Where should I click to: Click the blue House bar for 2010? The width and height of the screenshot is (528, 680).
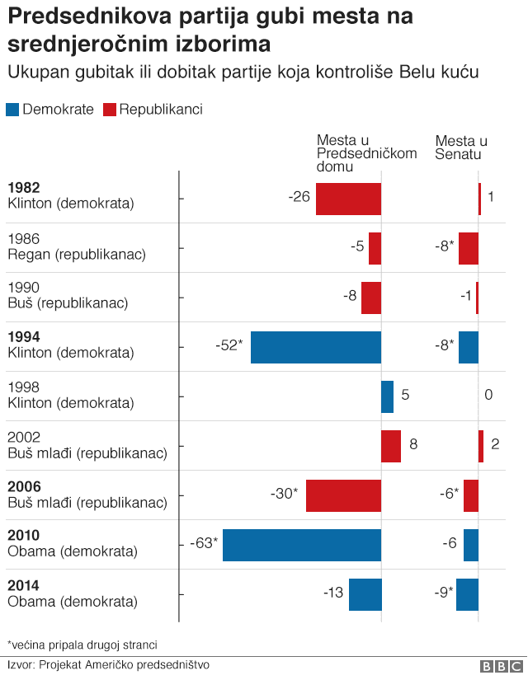point(302,545)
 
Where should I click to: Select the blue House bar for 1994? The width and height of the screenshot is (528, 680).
point(316,347)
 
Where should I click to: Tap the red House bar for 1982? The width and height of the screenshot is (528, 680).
point(348,199)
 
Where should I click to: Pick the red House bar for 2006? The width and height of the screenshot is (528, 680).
point(343,495)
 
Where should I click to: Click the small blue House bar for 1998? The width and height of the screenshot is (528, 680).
point(387,396)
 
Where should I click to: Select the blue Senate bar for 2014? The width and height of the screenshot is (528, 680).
point(467,594)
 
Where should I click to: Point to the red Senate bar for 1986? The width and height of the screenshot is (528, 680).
point(469,248)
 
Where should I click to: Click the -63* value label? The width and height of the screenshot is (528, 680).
point(203,543)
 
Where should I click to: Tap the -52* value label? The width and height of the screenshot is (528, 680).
point(229,345)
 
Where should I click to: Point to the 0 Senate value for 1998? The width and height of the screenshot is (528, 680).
point(488,395)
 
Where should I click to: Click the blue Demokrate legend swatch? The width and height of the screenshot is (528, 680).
point(12,110)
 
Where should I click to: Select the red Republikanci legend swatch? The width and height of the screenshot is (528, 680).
point(110,110)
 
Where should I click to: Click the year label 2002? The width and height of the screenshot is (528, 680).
point(23,437)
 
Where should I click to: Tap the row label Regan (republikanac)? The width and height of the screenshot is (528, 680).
point(76,254)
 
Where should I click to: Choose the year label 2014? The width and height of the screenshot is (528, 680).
point(23,585)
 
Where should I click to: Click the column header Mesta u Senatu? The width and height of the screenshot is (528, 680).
point(460,148)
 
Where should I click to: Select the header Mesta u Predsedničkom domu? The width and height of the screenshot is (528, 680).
point(366,153)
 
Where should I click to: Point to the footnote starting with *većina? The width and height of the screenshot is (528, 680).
point(82,644)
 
